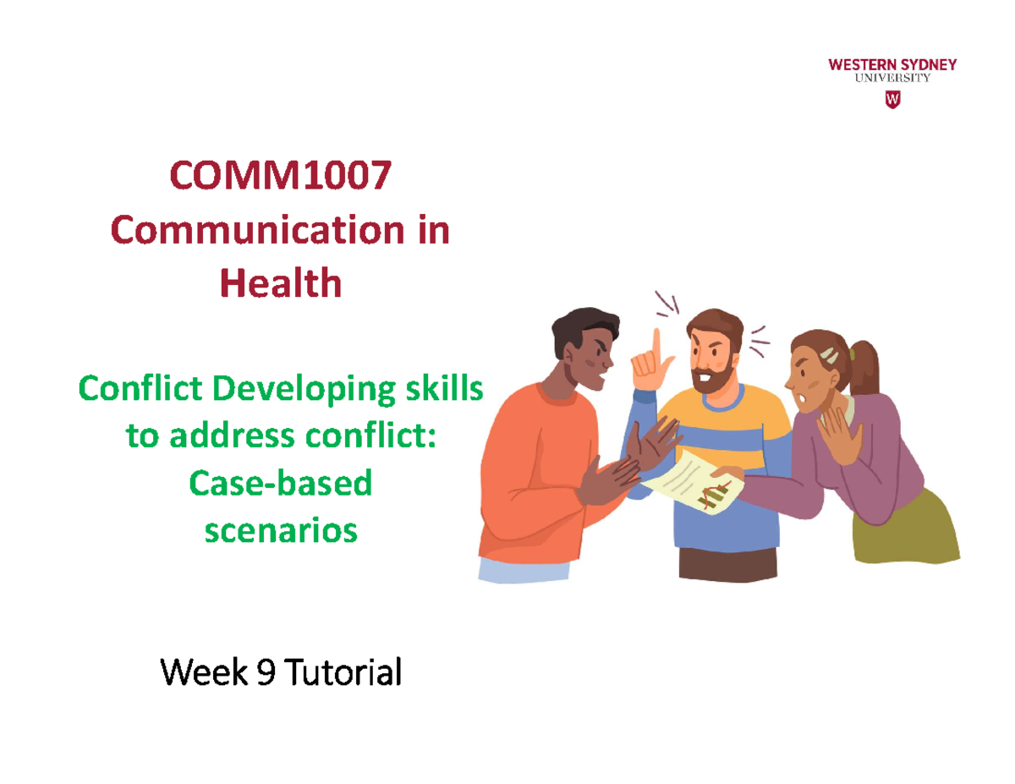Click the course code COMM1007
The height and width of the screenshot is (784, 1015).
[280, 178]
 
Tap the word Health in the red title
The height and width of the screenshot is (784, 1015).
[280, 283]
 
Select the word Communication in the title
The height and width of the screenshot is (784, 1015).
[246, 230]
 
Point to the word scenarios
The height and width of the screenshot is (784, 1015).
[280, 530]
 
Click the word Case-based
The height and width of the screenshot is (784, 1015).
[280, 483]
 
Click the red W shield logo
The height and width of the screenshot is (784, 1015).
[892, 101]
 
